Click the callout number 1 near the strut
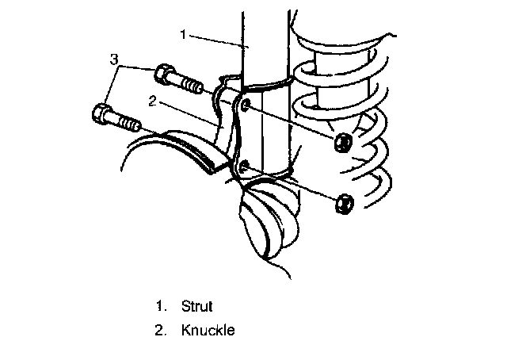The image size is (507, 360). point(183,34)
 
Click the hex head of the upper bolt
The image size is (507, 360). point(166,76)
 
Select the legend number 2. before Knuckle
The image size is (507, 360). point(162,331)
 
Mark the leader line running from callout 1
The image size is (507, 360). point(218,40)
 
